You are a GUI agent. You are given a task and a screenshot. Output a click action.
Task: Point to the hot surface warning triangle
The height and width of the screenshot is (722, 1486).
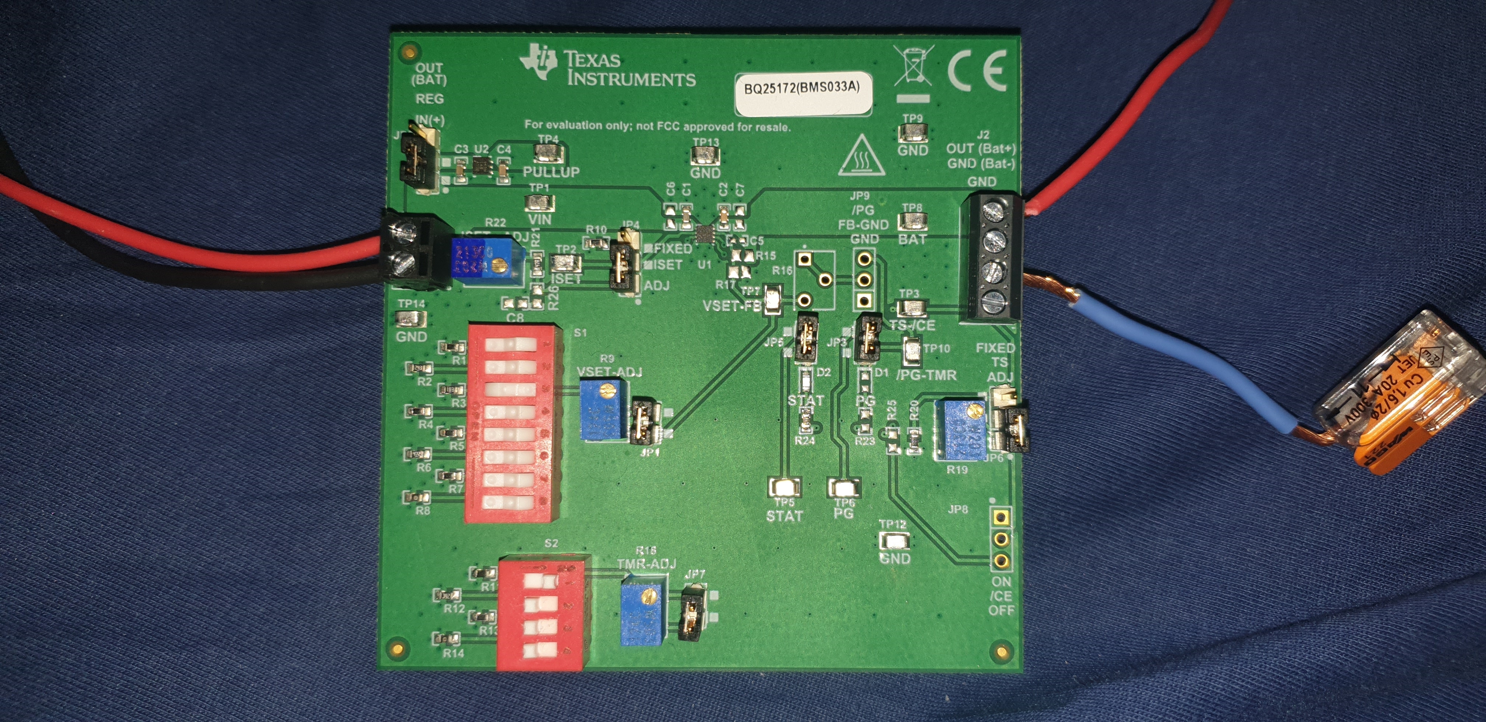pyautogui.click(x=861, y=157)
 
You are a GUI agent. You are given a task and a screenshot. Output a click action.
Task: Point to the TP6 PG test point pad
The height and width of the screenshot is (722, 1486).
pyautogui.click(x=843, y=488)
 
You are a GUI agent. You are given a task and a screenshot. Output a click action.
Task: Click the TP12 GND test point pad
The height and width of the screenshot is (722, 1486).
pyautogui.click(x=894, y=541)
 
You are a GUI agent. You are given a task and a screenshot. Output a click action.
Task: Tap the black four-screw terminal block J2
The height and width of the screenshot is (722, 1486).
pyautogui.click(x=990, y=257)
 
